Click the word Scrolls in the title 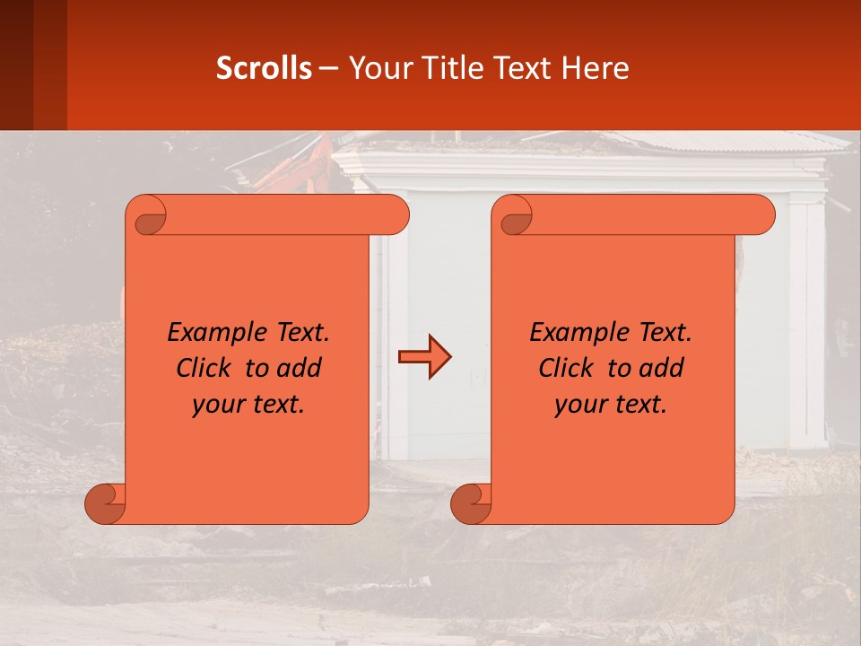coord(264,68)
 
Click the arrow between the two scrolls coord(424,358)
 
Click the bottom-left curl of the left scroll coord(106,503)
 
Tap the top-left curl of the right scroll coord(515,216)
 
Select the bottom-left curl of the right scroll coord(472,503)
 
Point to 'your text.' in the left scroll coord(248,405)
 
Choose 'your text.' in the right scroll coord(611,405)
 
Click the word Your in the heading coord(379,68)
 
